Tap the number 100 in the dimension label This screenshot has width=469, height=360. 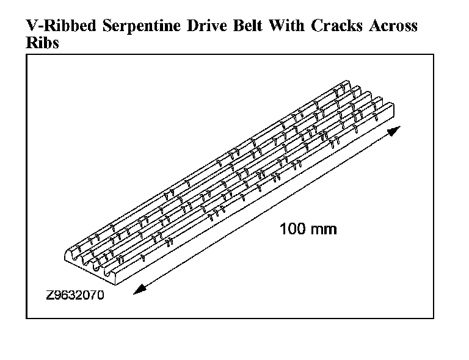tap(293, 229)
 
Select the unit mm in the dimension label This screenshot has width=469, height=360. tap(324, 229)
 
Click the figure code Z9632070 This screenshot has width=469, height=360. tap(75, 297)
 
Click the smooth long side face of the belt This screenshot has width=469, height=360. tap(256, 201)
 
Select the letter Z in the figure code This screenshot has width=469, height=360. tap(49, 297)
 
